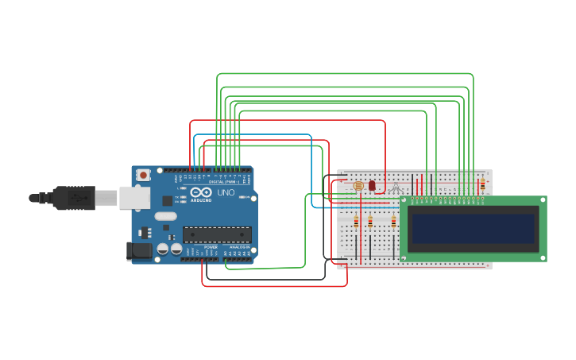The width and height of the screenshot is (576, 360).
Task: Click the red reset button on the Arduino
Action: coord(143,175)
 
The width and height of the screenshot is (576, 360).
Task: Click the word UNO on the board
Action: coord(226,192)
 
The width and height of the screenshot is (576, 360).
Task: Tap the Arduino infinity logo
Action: coord(196,192)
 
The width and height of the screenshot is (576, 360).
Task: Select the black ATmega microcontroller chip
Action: coord(217,234)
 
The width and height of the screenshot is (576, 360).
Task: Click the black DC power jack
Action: coord(140,251)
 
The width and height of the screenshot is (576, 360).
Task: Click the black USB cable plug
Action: coord(75,198)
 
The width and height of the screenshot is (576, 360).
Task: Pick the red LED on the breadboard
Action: coord(372,186)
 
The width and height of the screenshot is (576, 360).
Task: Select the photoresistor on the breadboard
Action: coord(358,186)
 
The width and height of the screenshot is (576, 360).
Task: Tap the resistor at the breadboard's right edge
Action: coord(482,184)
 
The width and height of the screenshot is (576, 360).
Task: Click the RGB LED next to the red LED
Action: coord(396,188)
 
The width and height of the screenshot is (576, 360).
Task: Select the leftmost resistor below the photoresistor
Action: coord(356,222)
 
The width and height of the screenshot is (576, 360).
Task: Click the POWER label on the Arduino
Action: coord(211,247)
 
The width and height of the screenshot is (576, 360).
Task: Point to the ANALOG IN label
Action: coord(238,247)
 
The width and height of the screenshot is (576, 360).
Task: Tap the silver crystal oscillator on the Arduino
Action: coord(165,216)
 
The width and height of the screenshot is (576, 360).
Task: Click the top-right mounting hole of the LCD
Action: coord(543,200)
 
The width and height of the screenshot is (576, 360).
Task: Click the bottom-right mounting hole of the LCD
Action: coord(543,257)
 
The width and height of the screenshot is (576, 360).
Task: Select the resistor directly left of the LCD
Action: coord(393,222)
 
